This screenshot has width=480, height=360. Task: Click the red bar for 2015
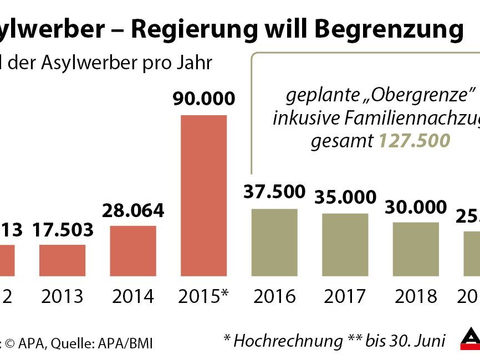pyautogui.click(x=204, y=195)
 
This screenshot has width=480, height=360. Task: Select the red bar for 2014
pyautogui.click(x=133, y=250)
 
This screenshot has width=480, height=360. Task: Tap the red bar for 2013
pyautogui.click(x=62, y=260)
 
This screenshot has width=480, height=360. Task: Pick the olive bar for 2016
pyautogui.click(x=274, y=242)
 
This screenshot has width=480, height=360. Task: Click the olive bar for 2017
pyautogui.click(x=345, y=244)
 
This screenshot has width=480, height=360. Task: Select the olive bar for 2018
pyautogui.click(x=416, y=249)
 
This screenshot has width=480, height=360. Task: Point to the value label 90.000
pyautogui.click(x=204, y=99)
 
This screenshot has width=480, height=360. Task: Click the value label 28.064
pyautogui.click(x=133, y=211)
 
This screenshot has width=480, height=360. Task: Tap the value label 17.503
pyautogui.click(x=63, y=229)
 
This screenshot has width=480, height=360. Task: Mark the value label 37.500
pyautogui.click(x=274, y=192)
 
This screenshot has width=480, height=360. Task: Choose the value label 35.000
pyautogui.click(x=345, y=197)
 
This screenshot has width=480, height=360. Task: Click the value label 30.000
pyautogui.click(x=416, y=207)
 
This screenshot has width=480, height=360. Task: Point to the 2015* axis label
pyautogui.click(x=204, y=296)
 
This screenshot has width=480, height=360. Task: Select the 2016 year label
pyautogui.click(x=274, y=296)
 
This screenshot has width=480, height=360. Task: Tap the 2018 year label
pyautogui.click(x=416, y=296)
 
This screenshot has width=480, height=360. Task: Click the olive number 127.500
pyautogui.click(x=414, y=141)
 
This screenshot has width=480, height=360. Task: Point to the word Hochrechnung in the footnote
pyautogui.click(x=289, y=341)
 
